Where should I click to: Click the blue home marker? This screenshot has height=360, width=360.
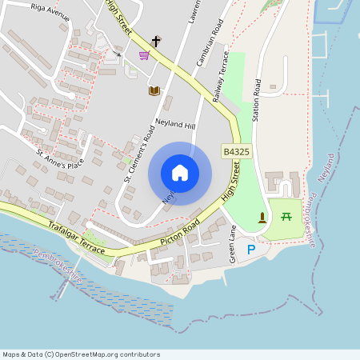[x=180, y=173]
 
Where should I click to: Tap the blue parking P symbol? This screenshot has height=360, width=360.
[x=251, y=250]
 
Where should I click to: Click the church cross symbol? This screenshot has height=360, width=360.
[x=156, y=40]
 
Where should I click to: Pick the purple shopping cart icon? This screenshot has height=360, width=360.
[x=144, y=55]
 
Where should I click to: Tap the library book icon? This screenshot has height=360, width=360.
[x=153, y=90]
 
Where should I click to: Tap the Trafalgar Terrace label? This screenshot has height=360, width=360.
[x=75, y=238]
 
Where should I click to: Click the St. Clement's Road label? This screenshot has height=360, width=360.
[x=138, y=152]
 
